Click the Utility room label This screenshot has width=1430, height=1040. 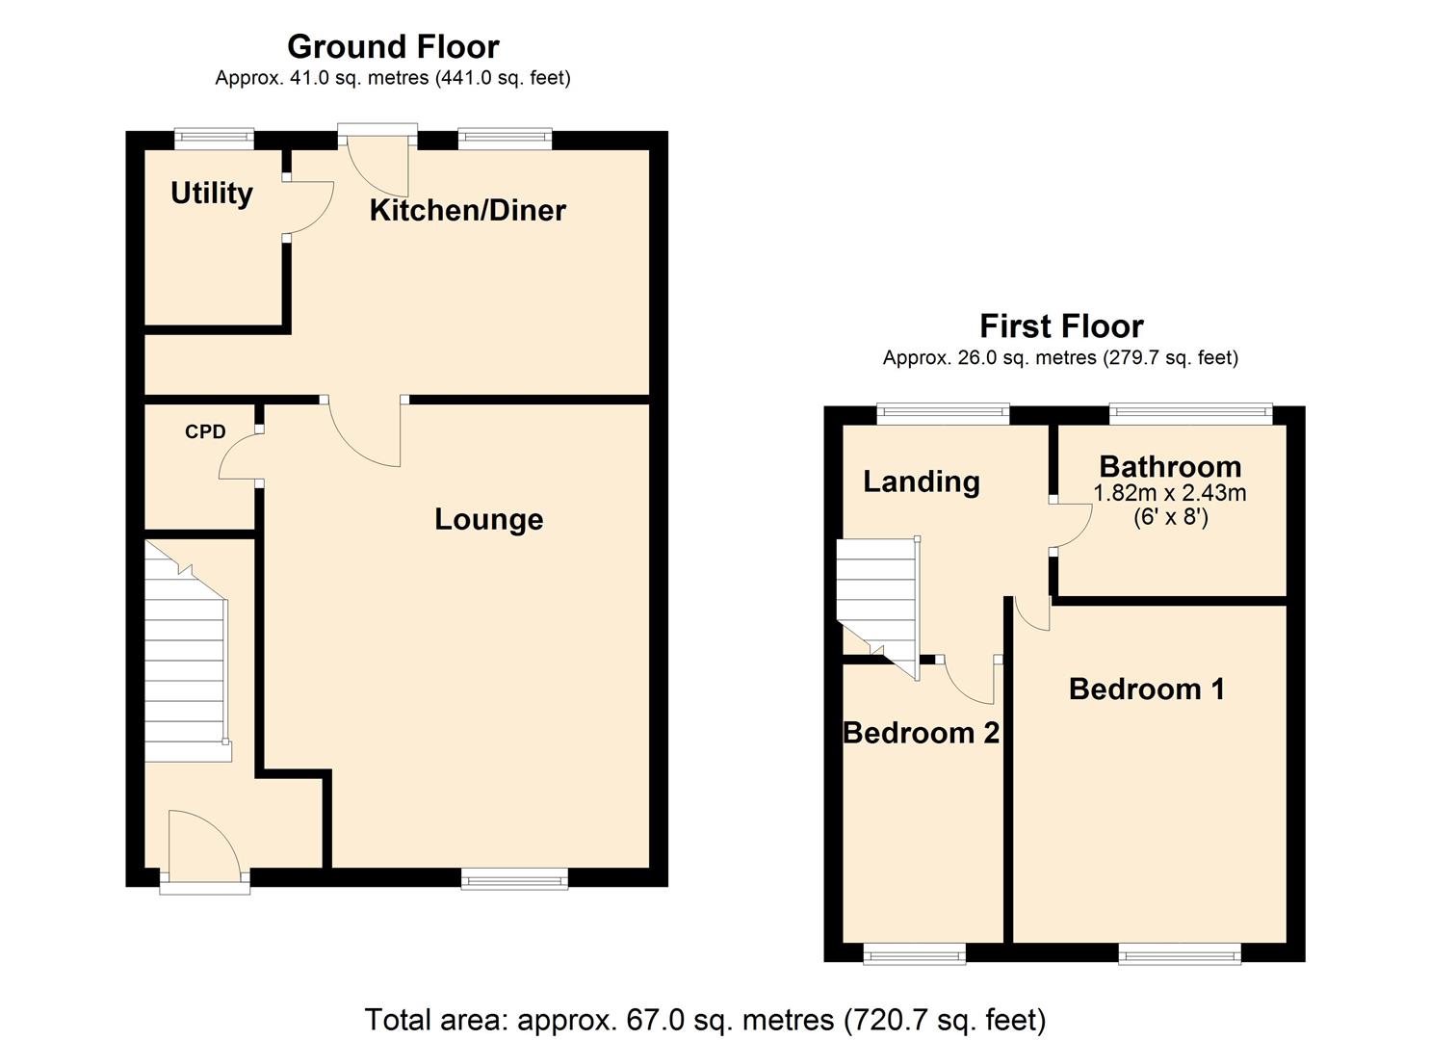[211, 194]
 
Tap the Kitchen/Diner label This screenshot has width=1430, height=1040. [467, 211]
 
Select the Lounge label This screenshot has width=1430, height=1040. [488, 520]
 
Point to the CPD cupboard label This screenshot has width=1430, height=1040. [205, 432]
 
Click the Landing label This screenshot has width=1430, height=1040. [921, 481]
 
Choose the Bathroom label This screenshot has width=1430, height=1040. [1169, 467]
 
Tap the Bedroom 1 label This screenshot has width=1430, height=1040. [1146, 689]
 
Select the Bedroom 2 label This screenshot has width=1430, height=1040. [921, 734]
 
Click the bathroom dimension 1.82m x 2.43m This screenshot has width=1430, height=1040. [1169, 494]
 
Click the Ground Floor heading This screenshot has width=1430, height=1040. [393, 46]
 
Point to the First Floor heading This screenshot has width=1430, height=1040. [1060, 325]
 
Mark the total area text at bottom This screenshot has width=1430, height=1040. [705, 1019]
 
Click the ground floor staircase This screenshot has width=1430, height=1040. [186, 655]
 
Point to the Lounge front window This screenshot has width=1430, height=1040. [514, 877]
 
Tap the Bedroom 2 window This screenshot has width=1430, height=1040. [914, 953]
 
